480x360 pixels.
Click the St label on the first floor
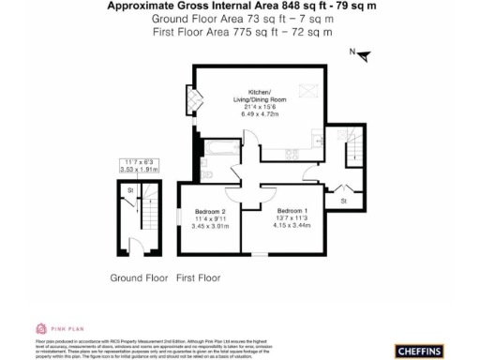point(343,201)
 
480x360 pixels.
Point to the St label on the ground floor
point(130,191)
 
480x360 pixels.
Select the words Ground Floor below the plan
point(139,277)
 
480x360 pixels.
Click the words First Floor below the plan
point(198,277)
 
